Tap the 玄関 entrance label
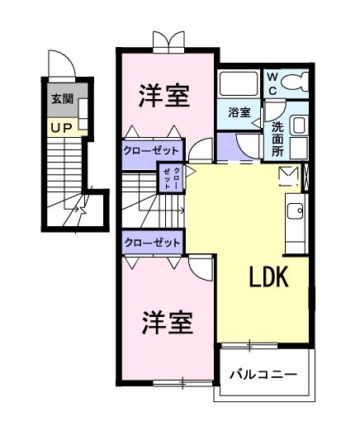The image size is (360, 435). (x=61, y=99)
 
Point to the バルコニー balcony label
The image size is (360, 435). (x=263, y=374)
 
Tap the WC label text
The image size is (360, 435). (x=273, y=83)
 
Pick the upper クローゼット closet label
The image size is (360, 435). (x=152, y=150)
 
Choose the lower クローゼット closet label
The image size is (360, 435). (x=152, y=242)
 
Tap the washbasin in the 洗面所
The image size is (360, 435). (x=298, y=125)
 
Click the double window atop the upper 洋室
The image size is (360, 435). (x=168, y=42)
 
